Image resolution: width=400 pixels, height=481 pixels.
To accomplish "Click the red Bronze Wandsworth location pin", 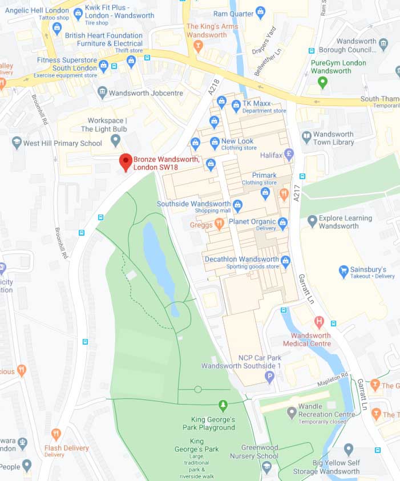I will (125, 161).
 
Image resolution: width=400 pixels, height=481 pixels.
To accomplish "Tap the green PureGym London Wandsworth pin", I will (322, 83).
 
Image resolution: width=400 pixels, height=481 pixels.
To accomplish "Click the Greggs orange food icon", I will (219, 224).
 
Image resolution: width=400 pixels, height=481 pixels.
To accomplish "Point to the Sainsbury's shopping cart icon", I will (344, 272).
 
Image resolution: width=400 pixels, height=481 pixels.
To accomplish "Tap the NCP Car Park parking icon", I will (270, 376).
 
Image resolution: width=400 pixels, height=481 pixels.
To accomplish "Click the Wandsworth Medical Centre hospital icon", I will (318, 322).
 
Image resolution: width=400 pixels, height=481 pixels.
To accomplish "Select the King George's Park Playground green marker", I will (223, 406).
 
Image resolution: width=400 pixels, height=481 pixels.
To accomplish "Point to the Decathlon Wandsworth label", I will (241, 259).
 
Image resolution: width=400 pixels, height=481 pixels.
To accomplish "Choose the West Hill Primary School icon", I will (17, 143).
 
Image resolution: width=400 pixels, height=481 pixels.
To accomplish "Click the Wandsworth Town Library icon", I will (306, 138).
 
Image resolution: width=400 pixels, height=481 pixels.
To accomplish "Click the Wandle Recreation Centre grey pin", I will (292, 411).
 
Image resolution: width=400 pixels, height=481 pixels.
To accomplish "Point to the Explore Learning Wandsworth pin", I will (312, 221).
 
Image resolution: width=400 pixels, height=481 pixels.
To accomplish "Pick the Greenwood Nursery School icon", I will (266, 466).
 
